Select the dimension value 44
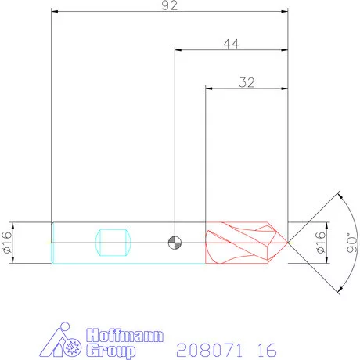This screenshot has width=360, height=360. click(x=231, y=45)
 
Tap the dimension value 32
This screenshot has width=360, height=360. click(x=247, y=81)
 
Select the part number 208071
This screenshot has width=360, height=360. click(x=207, y=348)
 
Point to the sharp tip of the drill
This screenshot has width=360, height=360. click(x=288, y=243)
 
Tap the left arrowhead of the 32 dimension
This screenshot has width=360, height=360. click(x=209, y=88)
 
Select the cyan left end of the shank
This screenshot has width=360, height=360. click(x=53, y=243)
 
